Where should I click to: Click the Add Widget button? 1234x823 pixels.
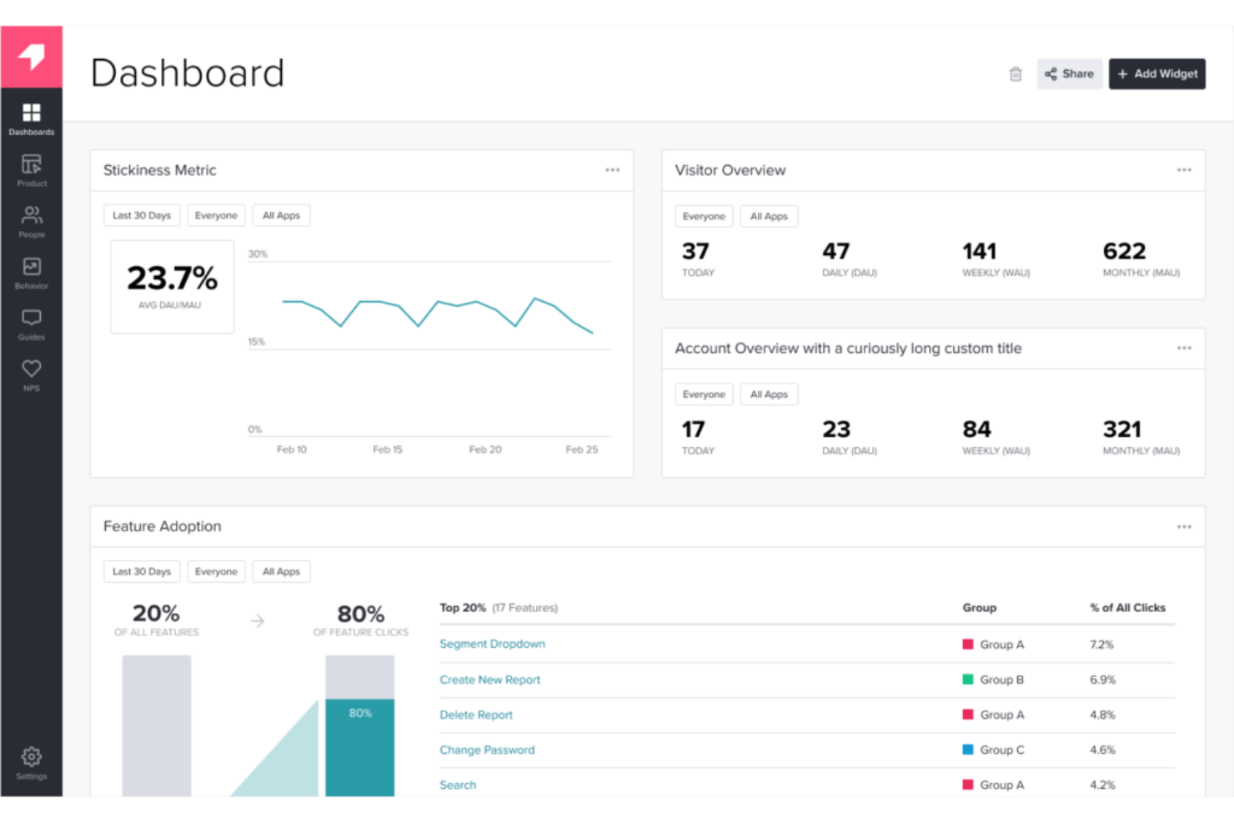1156,74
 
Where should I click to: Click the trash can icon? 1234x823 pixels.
1015,74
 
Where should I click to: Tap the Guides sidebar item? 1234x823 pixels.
32,323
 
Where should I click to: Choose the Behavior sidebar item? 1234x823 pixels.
32,272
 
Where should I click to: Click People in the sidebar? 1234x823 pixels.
32,221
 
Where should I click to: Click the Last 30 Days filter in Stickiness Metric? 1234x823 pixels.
142,215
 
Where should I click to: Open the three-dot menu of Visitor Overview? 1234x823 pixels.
1183,170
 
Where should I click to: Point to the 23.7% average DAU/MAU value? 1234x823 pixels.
172,279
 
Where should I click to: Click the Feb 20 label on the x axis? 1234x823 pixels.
485,449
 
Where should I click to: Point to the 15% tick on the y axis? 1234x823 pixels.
256,342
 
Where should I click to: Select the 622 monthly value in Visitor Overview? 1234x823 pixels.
1124,251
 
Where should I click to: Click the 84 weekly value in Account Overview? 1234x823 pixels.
976,429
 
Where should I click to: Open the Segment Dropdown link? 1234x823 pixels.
492,644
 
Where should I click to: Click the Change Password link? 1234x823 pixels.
487,750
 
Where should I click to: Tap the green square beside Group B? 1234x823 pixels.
968,680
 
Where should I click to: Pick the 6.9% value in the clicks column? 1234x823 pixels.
1102,680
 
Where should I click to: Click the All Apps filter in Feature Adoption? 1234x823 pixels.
281,571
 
